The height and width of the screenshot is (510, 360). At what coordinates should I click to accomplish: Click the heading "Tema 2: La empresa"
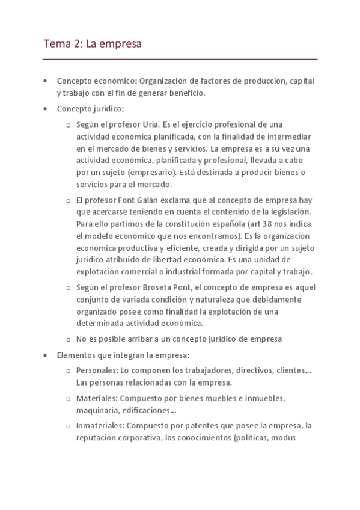(92, 44)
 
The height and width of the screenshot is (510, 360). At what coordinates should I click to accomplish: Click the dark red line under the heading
(180, 60)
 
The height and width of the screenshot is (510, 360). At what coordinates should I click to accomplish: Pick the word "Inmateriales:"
(100, 426)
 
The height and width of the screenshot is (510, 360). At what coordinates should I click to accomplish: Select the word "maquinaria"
(96, 411)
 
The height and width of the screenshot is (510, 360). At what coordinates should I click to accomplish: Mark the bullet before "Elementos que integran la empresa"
(46, 355)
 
